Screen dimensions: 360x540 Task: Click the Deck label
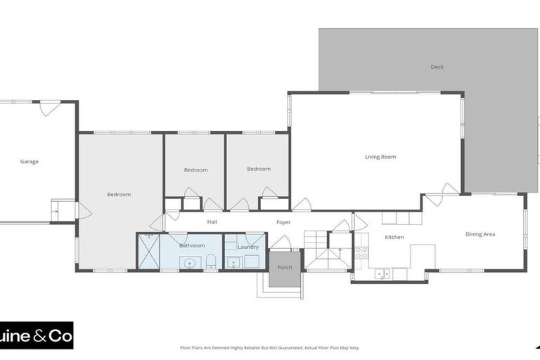437,67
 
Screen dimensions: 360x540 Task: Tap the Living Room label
380,157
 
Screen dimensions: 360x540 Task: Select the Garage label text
29,161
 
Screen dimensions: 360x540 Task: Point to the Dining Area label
480,234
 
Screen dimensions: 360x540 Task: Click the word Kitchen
394,237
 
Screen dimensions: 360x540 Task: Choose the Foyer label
283,221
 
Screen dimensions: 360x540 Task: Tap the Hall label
212,221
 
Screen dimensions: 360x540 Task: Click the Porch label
285,267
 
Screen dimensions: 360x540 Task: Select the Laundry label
248,247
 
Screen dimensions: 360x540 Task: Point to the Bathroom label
192,245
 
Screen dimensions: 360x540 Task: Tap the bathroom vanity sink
187,264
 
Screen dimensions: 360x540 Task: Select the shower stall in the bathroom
148,252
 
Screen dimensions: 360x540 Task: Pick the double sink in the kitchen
382,273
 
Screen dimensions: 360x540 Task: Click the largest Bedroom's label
119,194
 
